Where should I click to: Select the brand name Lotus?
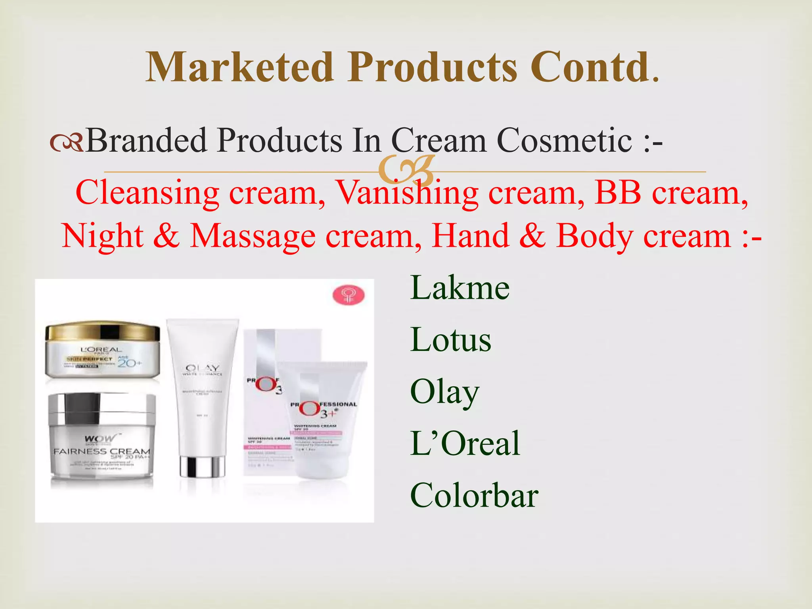(x=450, y=340)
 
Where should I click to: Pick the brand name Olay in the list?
(x=444, y=393)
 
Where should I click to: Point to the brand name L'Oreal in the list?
(x=465, y=444)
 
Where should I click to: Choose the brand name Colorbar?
(x=474, y=495)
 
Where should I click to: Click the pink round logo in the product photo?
(x=348, y=296)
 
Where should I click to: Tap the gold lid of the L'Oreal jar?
(x=102, y=332)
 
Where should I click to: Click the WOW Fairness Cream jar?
(x=101, y=440)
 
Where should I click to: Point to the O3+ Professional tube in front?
(x=322, y=420)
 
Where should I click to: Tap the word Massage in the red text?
(x=253, y=236)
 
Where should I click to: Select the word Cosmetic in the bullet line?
(x=564, y=140)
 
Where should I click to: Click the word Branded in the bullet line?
(x=147, y=140)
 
